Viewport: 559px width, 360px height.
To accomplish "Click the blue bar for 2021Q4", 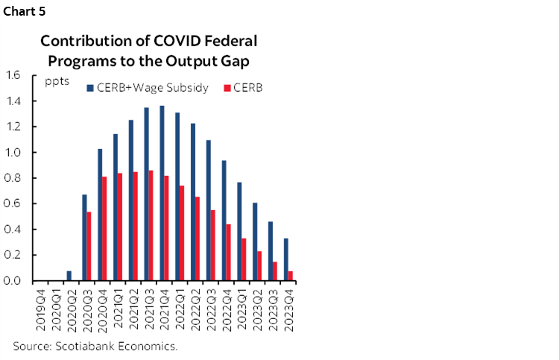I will (x=162, y=193).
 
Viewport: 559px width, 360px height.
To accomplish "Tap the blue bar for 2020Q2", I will (x=69, y=276).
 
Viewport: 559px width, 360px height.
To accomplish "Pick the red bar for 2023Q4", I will (x=290, y=276).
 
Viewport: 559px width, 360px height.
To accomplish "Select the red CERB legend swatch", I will (x=228, y=87).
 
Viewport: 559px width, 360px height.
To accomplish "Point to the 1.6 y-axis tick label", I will (x=12, y=75).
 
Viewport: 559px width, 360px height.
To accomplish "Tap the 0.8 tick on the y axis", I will (x=12, y=178).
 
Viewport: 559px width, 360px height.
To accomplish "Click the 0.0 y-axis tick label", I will (x=12, y=281).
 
